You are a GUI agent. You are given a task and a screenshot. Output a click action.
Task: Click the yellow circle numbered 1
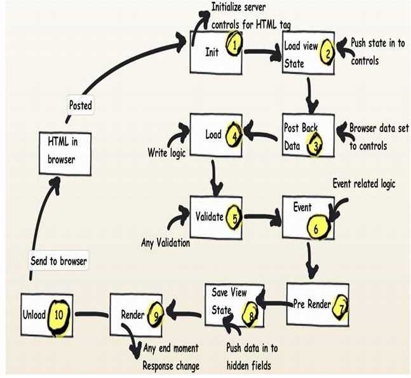[234, 45]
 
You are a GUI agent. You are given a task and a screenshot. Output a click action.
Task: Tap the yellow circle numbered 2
[327, 53]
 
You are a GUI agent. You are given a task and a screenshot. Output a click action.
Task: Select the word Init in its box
[212, 51]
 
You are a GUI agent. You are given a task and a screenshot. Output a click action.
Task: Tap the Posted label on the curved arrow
[80, 105]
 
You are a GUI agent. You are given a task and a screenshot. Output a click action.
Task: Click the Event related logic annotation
[363, 184]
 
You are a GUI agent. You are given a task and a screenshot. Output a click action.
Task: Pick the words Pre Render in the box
[311, 304]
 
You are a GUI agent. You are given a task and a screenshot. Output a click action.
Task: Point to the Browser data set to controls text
[375, 136]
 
